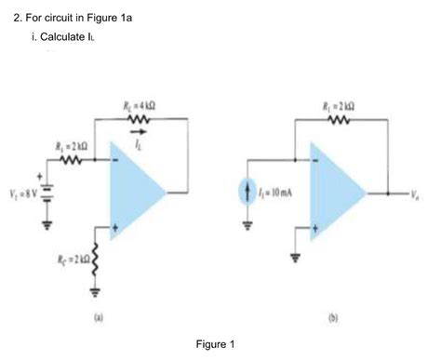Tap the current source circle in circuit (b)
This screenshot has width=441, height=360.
248,193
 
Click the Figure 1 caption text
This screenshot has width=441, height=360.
216,343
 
